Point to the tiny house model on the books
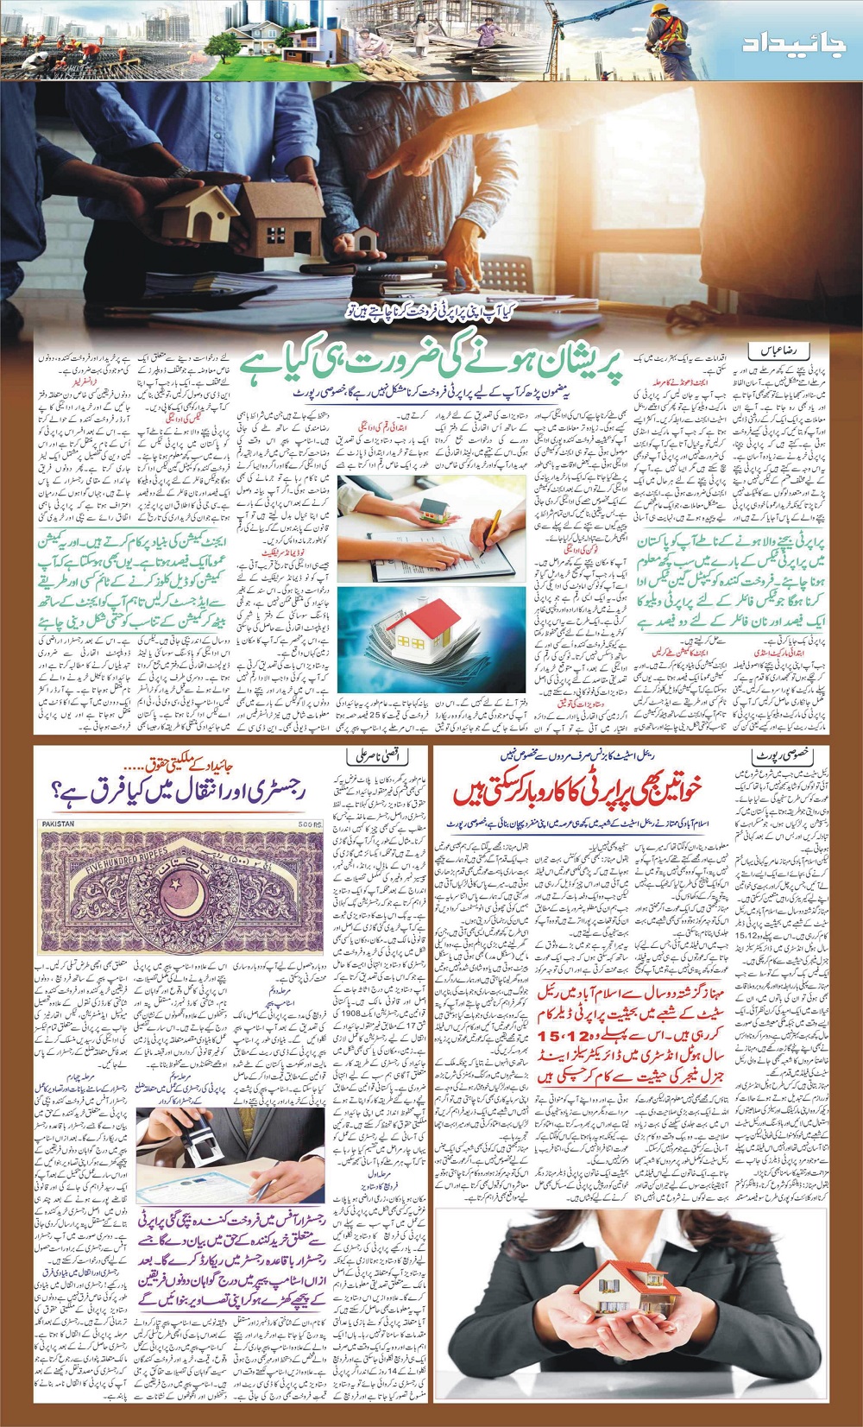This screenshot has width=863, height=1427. [x=365, y=237]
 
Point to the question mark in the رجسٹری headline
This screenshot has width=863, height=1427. [x=58, y=790]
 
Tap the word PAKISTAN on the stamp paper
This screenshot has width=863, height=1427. [x=58, y=824]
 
